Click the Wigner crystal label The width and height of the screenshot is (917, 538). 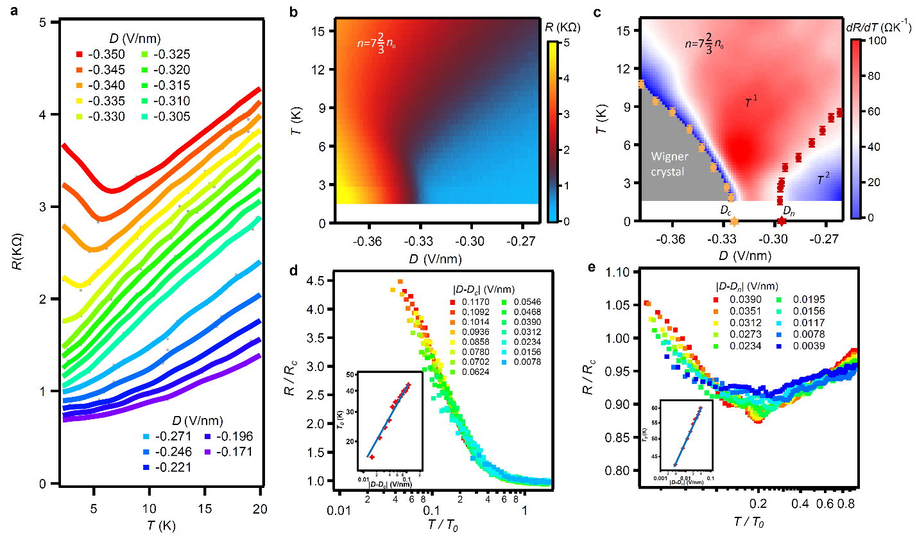tap(669, 164)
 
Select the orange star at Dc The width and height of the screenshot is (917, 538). tap(734, 221)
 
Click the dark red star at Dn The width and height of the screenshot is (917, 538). tap(782, 221)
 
